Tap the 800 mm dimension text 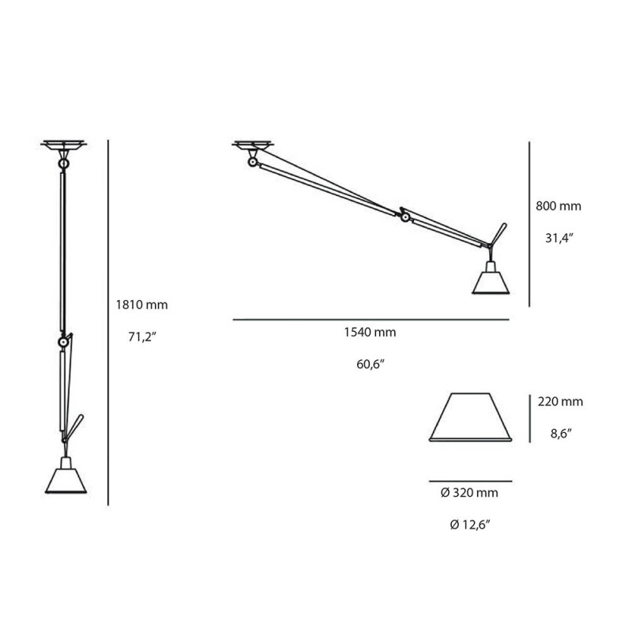click(x=558, y=206)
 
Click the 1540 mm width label click(x=371, y=333)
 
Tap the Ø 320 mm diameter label click(x=469, y=493)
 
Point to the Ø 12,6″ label click(x=469, y=524)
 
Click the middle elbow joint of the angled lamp click(x=404, y=216)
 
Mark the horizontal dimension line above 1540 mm click(x=371, y=319)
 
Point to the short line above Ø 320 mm click(x=470, y=480)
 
